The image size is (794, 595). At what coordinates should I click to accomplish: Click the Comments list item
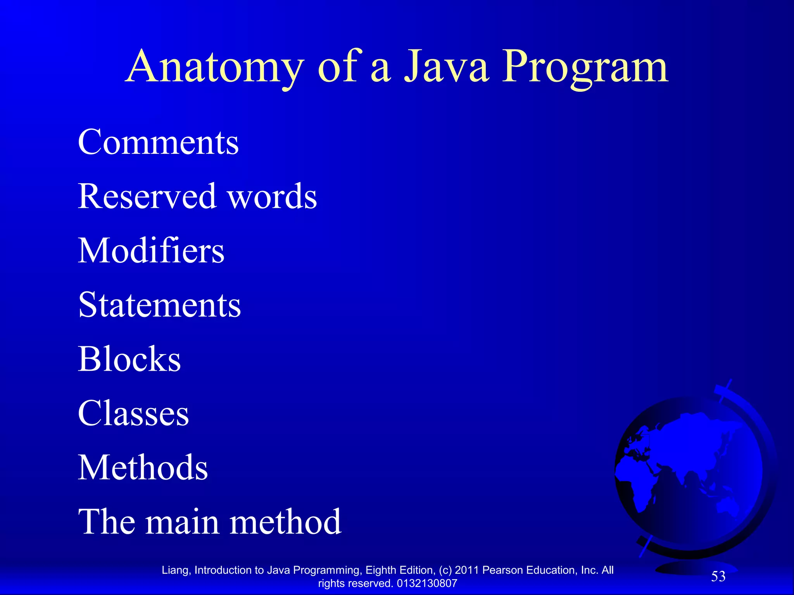pos(158,142)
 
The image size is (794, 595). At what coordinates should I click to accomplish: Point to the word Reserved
pos(147,196)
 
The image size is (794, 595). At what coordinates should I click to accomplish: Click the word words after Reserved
pos(272,196)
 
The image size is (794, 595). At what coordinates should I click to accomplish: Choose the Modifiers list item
pos(151,251)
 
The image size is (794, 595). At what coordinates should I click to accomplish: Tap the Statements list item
pos(159,305)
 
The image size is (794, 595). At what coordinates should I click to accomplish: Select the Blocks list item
pos(129,359)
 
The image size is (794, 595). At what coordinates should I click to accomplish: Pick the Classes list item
pos(133,413)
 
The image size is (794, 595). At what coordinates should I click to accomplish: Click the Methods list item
pos(143,468)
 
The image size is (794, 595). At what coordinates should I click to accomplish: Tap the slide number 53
pos(718,576)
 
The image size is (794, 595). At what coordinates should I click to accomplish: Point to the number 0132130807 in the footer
pos(427,583)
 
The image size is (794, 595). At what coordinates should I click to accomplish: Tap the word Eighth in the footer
pos(380,570)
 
